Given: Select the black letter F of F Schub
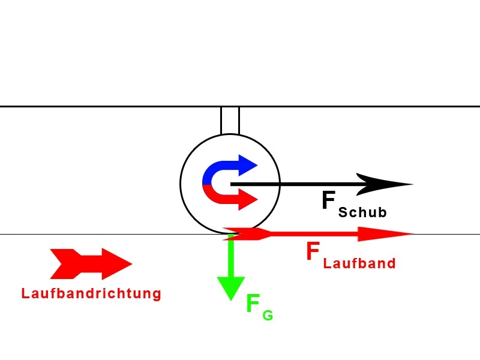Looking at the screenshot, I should [x=328, y=201].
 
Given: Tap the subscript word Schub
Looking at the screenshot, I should [x=362, y=212].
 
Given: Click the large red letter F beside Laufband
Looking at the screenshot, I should [x=313, y=252].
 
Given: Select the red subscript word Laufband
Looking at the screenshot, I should [x=359, y=263].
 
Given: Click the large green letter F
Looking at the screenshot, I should [x=253, y=304].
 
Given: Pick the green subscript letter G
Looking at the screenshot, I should [x=268, y=315].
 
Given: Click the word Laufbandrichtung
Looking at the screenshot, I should [x=91, y=293].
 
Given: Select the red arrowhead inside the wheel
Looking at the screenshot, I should [x=248, y=199].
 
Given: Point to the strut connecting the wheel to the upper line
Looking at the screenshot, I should [x=230, y=121].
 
